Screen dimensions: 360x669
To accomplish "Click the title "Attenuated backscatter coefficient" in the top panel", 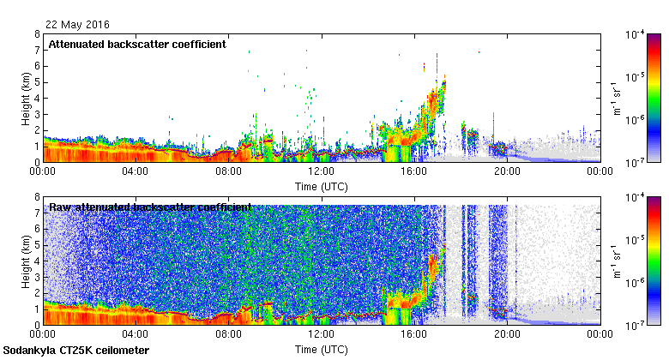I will coord(137,44).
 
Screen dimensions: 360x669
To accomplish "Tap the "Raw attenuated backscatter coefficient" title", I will coord(150,207).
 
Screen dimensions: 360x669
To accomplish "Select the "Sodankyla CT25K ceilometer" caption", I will coord(76,351).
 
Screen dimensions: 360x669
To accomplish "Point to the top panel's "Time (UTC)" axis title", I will coord(321,185).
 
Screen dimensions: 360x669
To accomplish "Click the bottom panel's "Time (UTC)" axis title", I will coord(321,350).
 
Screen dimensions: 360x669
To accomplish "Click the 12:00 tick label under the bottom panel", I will coord(321,335).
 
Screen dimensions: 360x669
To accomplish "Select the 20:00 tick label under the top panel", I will coord(506,171).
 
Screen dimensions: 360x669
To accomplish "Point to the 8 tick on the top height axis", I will coord(37,35).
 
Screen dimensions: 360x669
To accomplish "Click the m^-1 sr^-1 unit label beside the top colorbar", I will coord(614,99).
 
